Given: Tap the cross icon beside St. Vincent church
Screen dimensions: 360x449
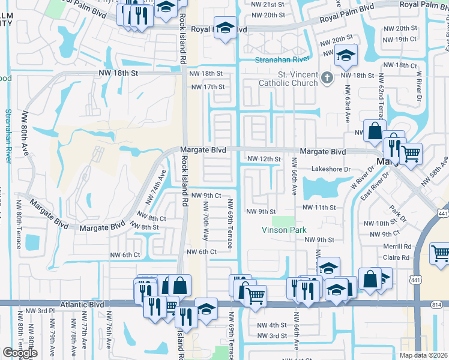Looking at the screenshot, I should pyautogui.click(x=327, y=77).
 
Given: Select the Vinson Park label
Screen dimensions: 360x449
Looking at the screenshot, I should pyautogui.click(x=284, y=230).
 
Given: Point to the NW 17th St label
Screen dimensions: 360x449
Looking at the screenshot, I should pyautogui.click(x=207, y=87).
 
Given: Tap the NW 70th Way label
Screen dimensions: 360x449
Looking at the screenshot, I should pyautogui.click(x=205, y=226).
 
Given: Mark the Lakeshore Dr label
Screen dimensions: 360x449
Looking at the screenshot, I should pyautogui.click(x=330, y=170).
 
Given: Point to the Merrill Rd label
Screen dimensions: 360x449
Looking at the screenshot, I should pyautogui.click(x=398, y=247).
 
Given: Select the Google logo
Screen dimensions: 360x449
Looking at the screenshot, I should pyautogui.click(x=20, y=353).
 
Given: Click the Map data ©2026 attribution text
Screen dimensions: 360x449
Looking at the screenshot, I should pyautogui.click(x=423, y=355).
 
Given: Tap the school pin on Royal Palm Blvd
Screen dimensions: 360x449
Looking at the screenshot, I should pyautogui.click(x=226, y=28).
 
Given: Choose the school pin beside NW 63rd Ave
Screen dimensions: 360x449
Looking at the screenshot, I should pyautogui.click(x=346, y=56).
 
